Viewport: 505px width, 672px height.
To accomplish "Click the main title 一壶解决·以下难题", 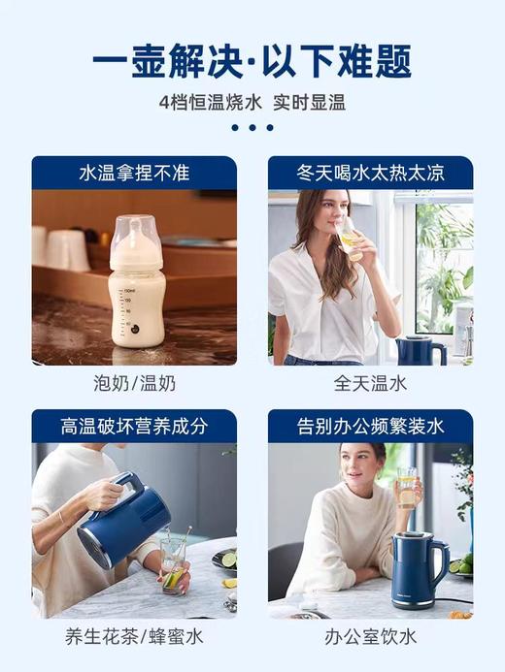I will [x=252, y=59].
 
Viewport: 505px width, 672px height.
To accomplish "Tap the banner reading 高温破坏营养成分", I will [x=134, y=426].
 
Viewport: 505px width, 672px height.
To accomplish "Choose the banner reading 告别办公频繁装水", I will [x=370, y=426].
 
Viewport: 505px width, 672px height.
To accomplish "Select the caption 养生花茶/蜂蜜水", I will [x=134, y=637].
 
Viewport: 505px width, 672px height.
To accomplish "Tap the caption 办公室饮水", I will [x=370, y=637].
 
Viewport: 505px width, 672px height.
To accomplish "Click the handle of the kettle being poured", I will [x=128, y=495].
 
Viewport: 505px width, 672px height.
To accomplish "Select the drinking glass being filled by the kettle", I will [x=174, y=565].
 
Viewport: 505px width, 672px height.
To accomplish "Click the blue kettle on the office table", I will [x=417, y=569].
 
